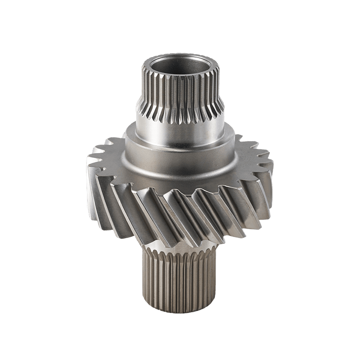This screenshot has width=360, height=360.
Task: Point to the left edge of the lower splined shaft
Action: click(144, 279)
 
